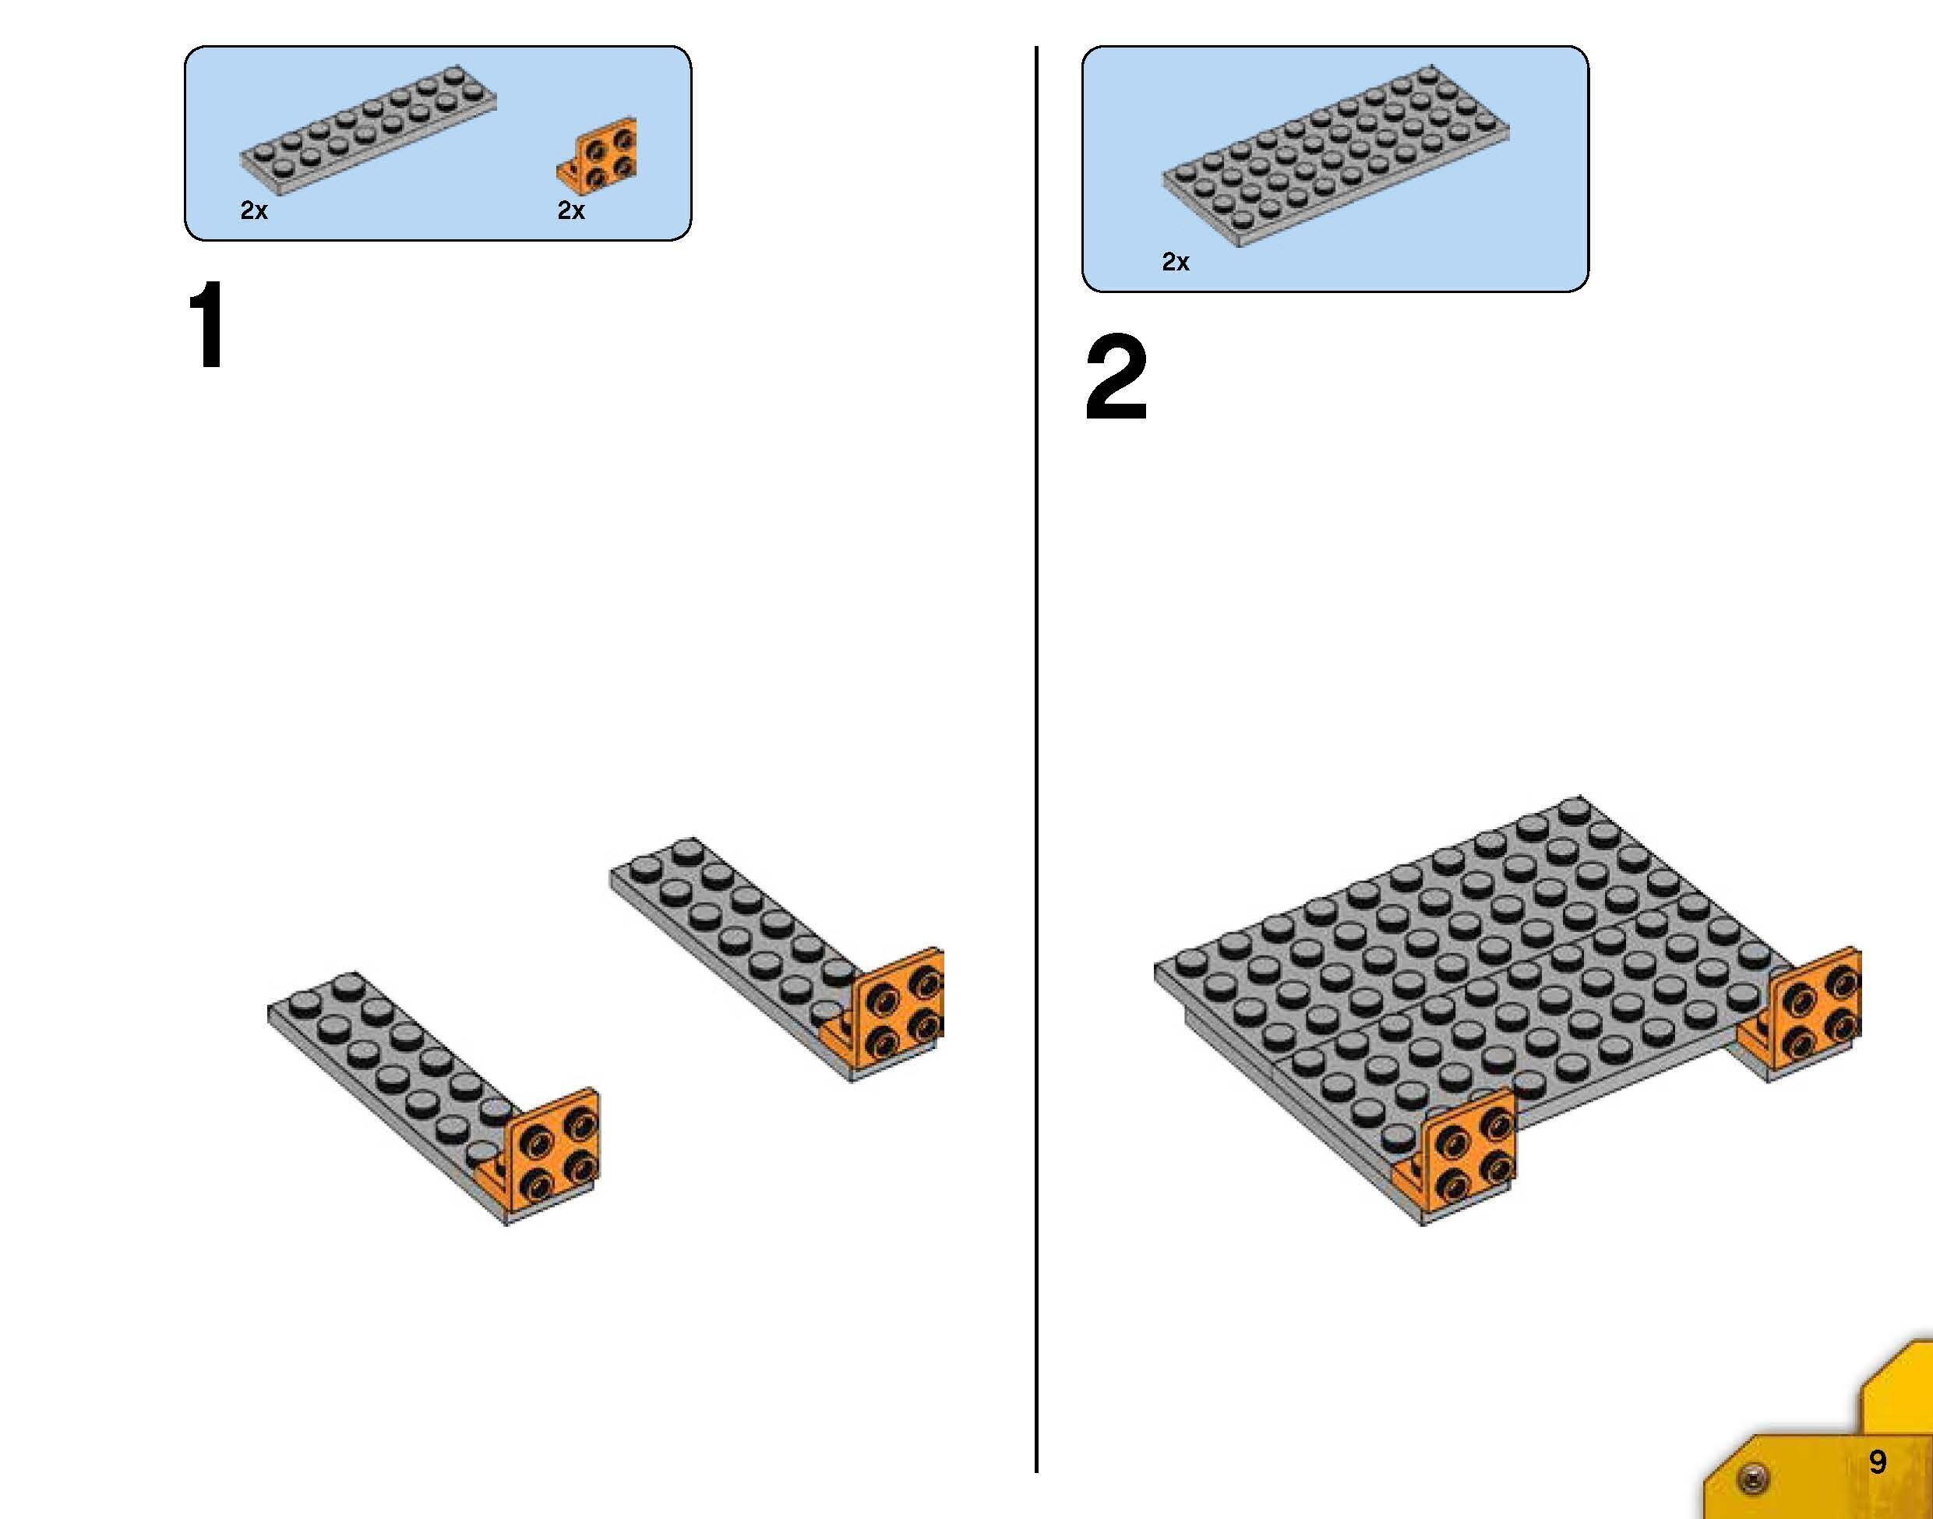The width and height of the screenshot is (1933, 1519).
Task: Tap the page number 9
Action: click(x=1877, y=1461)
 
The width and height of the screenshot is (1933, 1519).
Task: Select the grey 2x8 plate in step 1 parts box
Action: click(x=368, y=131)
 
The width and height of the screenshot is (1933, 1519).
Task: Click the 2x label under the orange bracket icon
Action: click(x=571, y=210)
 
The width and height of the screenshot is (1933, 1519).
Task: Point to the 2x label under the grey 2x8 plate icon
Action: click(x=253, y=210)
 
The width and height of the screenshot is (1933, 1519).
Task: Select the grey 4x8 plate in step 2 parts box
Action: click(x=1335, y=156)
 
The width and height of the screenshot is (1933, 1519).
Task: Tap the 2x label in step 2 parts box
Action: click(x=1175, y=261)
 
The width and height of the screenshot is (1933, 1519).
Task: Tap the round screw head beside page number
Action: click(x=1753, y=1477)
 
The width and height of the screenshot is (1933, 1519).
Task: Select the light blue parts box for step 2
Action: click(x=1335, y=169)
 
